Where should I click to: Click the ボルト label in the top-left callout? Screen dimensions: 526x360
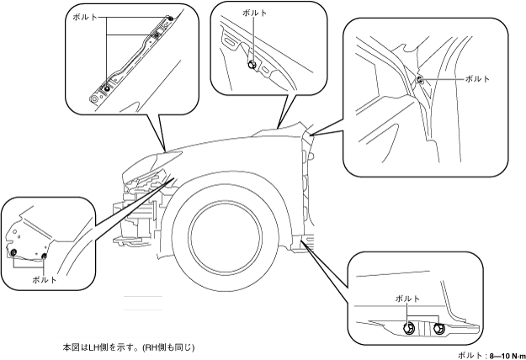click(x=85, y=18)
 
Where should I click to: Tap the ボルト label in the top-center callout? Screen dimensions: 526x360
click(x=255, y=13)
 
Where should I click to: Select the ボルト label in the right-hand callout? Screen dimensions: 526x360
click(x=477, y=79)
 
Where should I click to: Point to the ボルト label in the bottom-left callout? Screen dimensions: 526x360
click(x=45, y=280)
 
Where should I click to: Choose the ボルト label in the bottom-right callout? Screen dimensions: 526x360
click(x=407, y=299)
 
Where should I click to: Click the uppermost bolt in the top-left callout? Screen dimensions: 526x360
click(x=171, y=19)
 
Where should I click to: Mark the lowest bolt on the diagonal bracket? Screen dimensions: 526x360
click(x=107, y=88)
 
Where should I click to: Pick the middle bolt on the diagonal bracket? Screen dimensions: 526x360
click(x=157, y=34)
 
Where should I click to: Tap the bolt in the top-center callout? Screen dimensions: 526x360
click(x=252, y=65)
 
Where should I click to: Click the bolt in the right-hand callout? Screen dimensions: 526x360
click(x=420, y=79)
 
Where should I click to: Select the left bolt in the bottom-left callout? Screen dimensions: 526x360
click(x=13, y=252)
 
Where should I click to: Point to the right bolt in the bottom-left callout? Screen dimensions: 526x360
click(x=44, y=257)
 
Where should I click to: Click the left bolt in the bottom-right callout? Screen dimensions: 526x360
click(x=408, y=328)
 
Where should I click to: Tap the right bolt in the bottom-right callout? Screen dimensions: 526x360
click(x=438, y=329)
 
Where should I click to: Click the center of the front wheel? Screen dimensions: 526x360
click(x=226, y=233)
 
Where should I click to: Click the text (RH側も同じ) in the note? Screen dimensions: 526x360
click(x=168, y=347)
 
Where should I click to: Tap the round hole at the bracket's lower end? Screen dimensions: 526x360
click(x=94, y=99)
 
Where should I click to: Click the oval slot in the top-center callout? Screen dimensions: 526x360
click(x=231, y=43)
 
